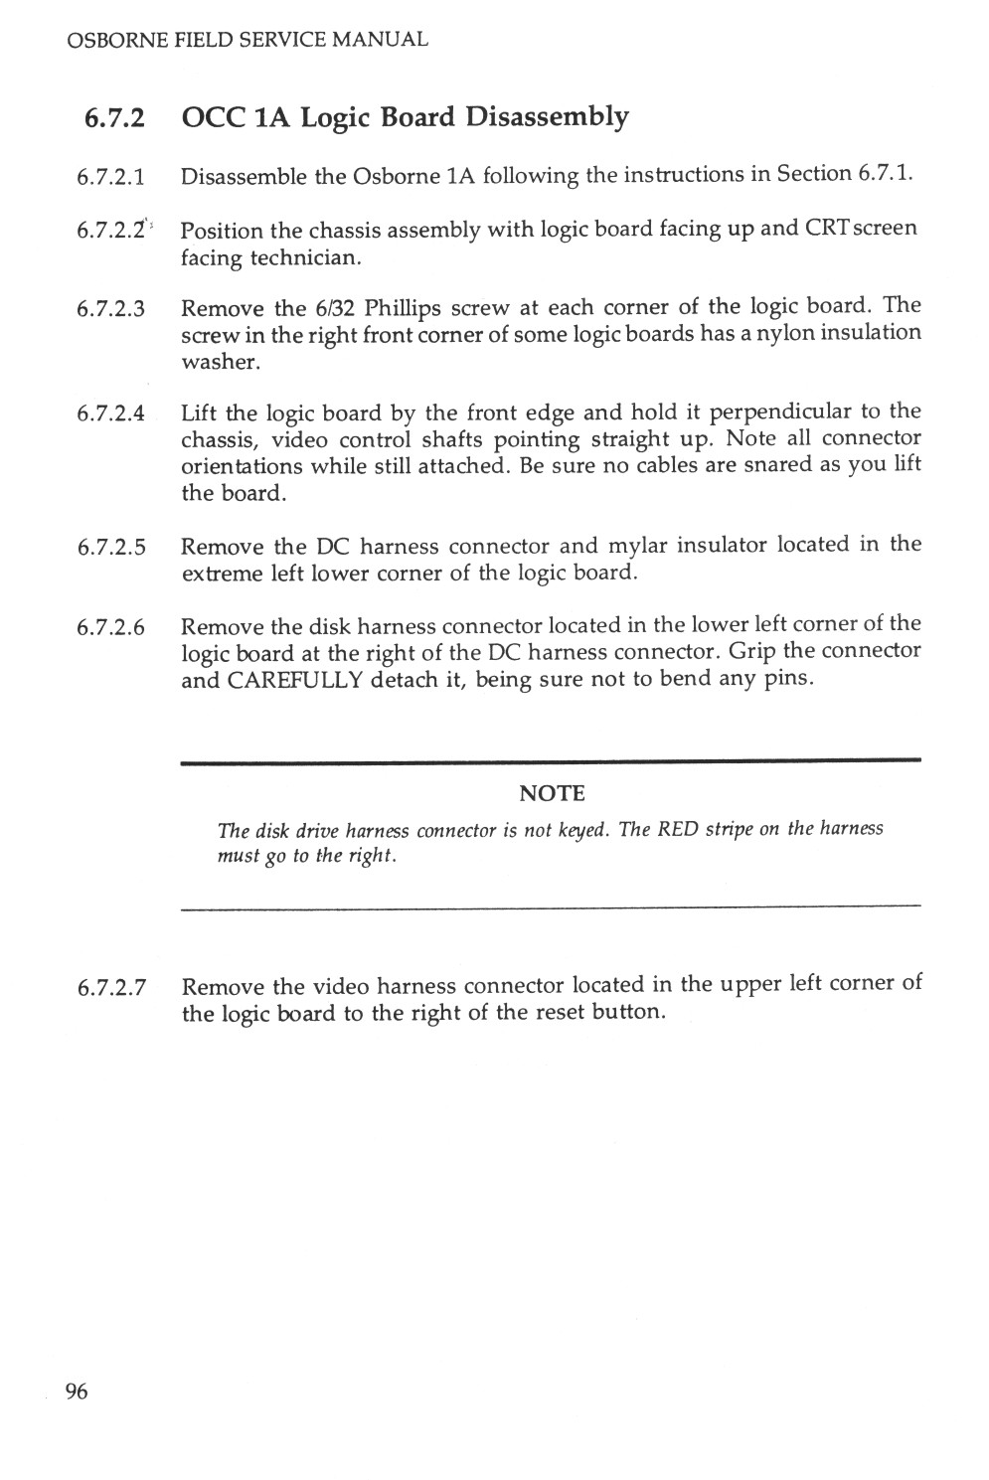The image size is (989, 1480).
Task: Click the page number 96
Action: pyautogui.click(x=77, y=1391)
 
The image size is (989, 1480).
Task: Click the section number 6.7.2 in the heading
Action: pyautogui.click(x=114, y=118)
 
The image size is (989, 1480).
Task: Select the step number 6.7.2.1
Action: pyautogui.click(x=111, y=178)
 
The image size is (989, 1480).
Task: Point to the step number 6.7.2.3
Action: pyautogui.click(x=111, y=308)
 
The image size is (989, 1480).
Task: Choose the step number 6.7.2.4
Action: pyautogui.click(x=111, y=413)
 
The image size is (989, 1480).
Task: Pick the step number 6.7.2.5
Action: pyautogui.click(x=111, y=548)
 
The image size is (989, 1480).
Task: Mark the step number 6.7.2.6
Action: pyautogui.click(x=111, y=628)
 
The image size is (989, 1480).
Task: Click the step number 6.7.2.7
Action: pyautogui.click(x=111, y=989)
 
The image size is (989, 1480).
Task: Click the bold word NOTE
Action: pyautogui.click(x=553, y=793)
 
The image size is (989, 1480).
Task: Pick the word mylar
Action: pyautogui.click(x=641, y=546)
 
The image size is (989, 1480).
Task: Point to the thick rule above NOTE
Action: pyautogui.click(x=550, y=760)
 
